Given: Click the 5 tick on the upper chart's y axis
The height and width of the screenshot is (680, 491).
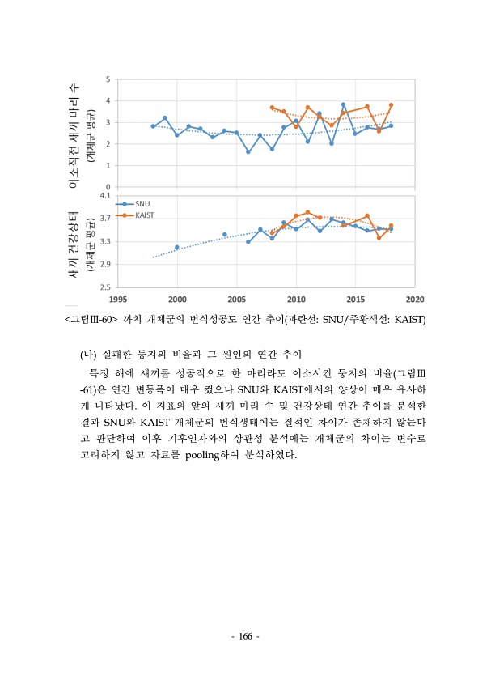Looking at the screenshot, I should click(108, 79).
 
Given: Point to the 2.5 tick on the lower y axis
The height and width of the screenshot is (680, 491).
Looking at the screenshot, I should click(106, 287).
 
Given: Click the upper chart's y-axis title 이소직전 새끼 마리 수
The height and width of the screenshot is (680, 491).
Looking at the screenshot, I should click(74, 134).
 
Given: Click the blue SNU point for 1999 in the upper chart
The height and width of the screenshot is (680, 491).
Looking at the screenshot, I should click(165, 118).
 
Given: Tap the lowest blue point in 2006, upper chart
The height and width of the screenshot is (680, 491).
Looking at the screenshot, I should click(248, 151).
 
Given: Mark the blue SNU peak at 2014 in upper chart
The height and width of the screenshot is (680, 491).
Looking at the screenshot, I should click(343, 104).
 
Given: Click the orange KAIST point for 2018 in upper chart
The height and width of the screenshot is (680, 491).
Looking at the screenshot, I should click(391, 104).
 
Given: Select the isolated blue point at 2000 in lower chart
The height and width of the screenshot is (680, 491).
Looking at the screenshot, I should click(177, 247).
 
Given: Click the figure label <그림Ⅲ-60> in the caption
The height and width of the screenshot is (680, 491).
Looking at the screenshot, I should click(91, 319).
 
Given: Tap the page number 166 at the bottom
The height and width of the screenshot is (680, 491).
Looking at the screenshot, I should click(245, 636).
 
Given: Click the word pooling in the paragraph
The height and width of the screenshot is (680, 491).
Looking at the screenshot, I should click(208, 453).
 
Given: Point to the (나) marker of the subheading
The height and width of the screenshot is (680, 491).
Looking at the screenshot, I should click(88, 355).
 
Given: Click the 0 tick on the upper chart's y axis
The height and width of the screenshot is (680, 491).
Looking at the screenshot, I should click(108, 187).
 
